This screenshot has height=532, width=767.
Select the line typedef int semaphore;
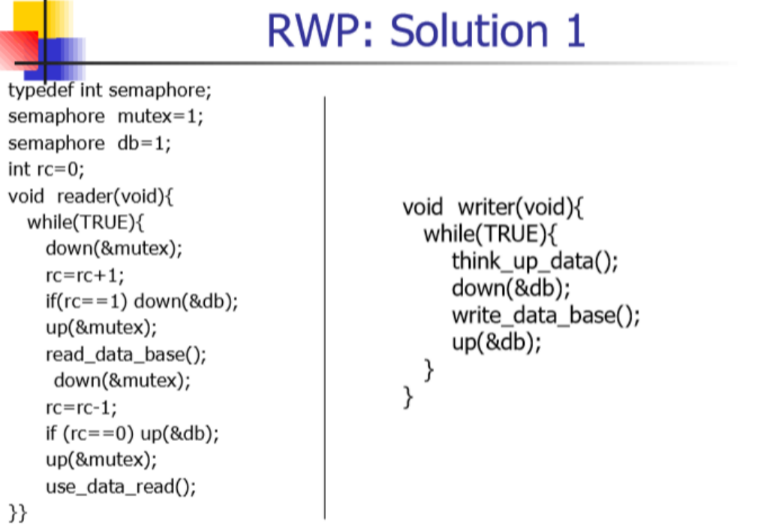[x=110, y=91]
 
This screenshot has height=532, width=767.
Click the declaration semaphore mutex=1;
[x=106, y=116]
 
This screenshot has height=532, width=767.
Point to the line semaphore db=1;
[x=89, y=143]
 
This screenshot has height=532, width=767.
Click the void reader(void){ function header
[x=91, y=196]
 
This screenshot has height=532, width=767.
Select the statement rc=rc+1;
[x=85, y=274]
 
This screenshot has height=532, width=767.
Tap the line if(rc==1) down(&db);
[x=141, y=301]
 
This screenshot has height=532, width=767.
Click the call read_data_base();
[x=125, y=354]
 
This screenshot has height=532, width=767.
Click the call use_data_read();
[x=121, y=486]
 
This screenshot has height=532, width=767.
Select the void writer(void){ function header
[x=493, y=207]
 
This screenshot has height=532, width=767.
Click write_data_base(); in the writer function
[x=546, y=316]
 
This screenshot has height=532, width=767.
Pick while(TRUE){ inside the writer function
[x=491, y=234]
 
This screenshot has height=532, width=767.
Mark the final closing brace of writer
[x=408, y=396]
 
